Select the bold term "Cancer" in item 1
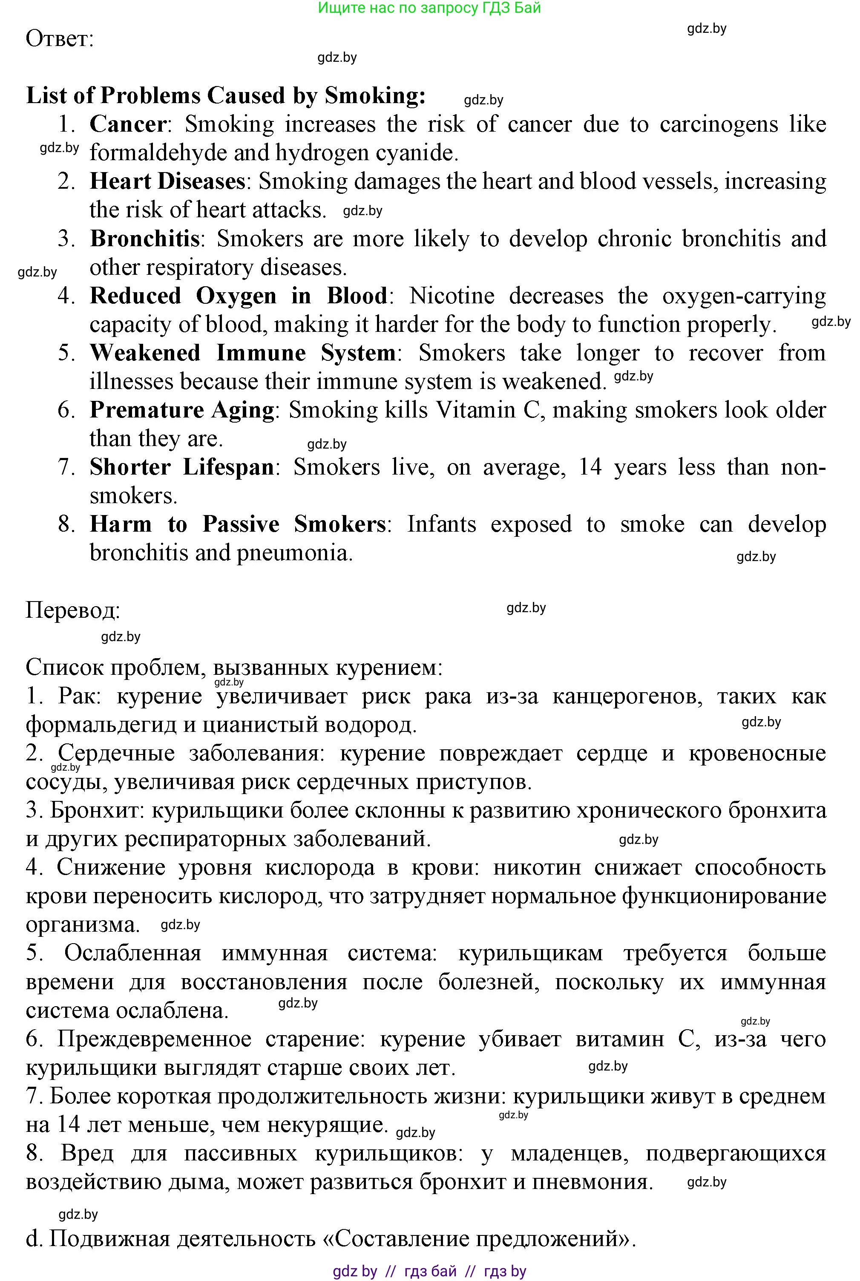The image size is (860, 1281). coord(128,124)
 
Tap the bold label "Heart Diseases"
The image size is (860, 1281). coord(167,181)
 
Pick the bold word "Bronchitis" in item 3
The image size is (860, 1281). coord(145,239)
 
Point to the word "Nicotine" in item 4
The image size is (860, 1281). coord(452,296)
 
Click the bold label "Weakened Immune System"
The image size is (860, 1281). coord(242,353)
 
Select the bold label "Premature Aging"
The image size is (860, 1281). coord(182,410)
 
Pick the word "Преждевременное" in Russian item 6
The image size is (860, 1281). coord(154,1039)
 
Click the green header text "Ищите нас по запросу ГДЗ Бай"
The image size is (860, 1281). coord(429,8)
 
